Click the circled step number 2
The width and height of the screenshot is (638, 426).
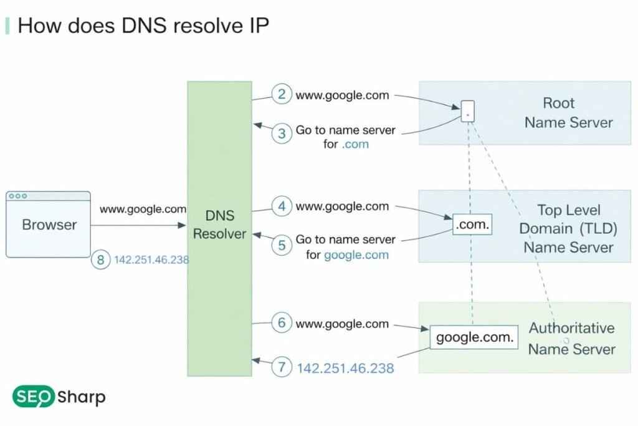click(x=282, y=95)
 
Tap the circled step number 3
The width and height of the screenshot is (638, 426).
click(x=282, y=133)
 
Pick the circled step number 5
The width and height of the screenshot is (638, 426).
click(x=282, y=245)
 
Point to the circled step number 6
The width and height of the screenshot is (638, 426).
click(x=282, y=323)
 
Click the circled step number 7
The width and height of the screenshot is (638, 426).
click(x=282, y=367)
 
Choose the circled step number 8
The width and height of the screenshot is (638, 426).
click(x=100, y=259)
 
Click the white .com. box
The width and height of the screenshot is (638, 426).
click(x=472, y=224)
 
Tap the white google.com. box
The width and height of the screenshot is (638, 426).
click(x=474, y=337)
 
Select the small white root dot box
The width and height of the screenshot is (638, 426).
click(x=468, y=111)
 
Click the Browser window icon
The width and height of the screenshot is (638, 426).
click(x=49, y=224)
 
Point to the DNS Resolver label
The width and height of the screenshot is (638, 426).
click(x=219, y=225)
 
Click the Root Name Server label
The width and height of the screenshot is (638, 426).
click(x=568, y=113)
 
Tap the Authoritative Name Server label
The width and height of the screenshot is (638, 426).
click(x=571, y=339)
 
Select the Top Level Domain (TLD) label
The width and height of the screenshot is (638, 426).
click(x=568, y=229)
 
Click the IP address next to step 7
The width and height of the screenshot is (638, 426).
click(x=345, y=368)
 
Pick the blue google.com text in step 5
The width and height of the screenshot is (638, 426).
click(x=356, y=254)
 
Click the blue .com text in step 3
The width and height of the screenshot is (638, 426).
click(x=355, y=144)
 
